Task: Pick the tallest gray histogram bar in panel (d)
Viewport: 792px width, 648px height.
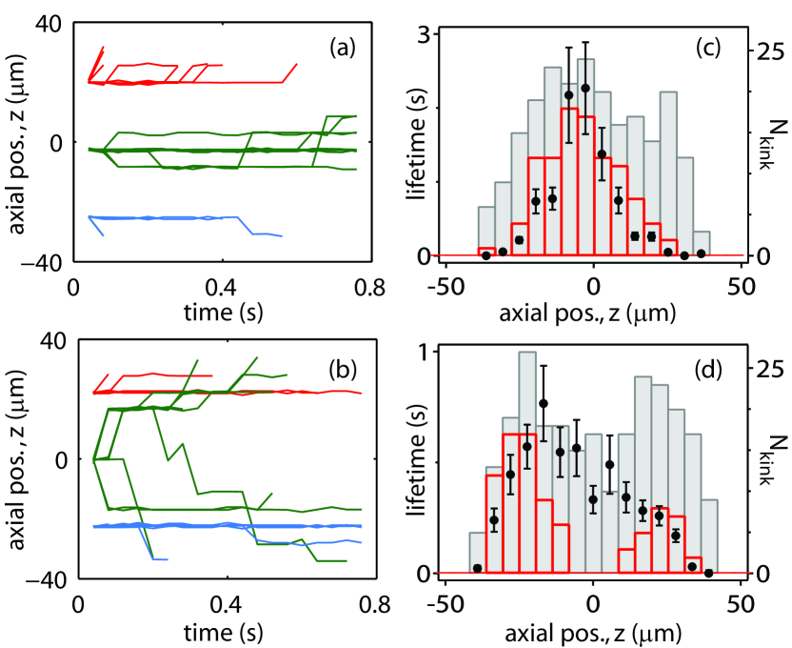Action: pyautogui.click(x=527, y=462)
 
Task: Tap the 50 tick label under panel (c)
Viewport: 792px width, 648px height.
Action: pyautogui.click(x=741, y=285)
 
